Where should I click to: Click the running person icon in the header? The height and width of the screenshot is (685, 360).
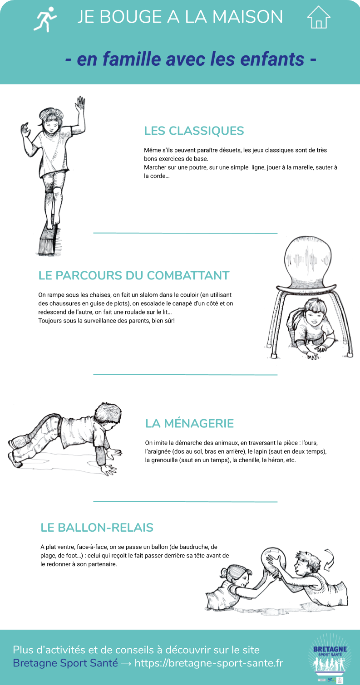click(x=44, y=19)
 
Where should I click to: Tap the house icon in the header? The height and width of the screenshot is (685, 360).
click(x=319, y=17)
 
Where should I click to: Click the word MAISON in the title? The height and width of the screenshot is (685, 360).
click(x=247, y=17)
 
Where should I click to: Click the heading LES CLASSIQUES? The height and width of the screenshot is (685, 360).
click(x=194, y=131)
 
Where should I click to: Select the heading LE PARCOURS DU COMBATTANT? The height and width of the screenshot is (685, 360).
click(x=134, y=275)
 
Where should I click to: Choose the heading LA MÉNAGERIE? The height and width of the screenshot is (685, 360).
click(x=189, y=424)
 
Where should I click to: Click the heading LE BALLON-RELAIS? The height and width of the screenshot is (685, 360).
click(x=97, y=528)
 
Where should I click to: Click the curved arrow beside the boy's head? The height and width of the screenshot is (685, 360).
click(x=329, y=559)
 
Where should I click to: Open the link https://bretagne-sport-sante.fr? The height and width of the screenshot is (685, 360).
click(x=209, y=663)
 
